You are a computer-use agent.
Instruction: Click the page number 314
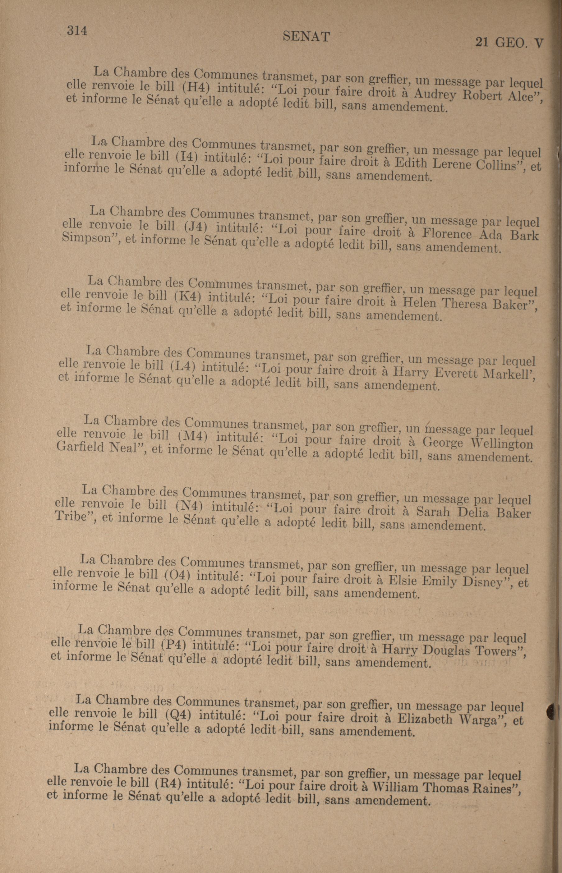[77, 31]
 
